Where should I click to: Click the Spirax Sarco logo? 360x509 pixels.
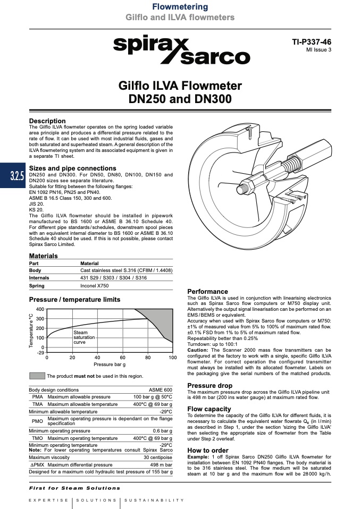click(181, 51)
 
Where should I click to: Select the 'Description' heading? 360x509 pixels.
click(47, 121)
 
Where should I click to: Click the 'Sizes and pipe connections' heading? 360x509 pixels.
click(72, 168)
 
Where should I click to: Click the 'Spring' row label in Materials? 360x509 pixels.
click(37, 286)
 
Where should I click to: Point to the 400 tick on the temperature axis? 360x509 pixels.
click(40, 309)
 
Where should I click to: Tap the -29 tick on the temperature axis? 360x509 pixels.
click(40, 353)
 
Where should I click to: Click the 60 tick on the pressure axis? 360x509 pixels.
click(122, 358)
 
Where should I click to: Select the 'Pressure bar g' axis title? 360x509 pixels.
click(110, 364)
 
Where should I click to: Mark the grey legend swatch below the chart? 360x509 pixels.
click(37, 376)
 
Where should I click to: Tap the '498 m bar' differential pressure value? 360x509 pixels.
click(161, 464)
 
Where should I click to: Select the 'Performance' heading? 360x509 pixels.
click(208, 292)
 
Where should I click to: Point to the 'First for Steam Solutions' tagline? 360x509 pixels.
click(74, 488)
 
